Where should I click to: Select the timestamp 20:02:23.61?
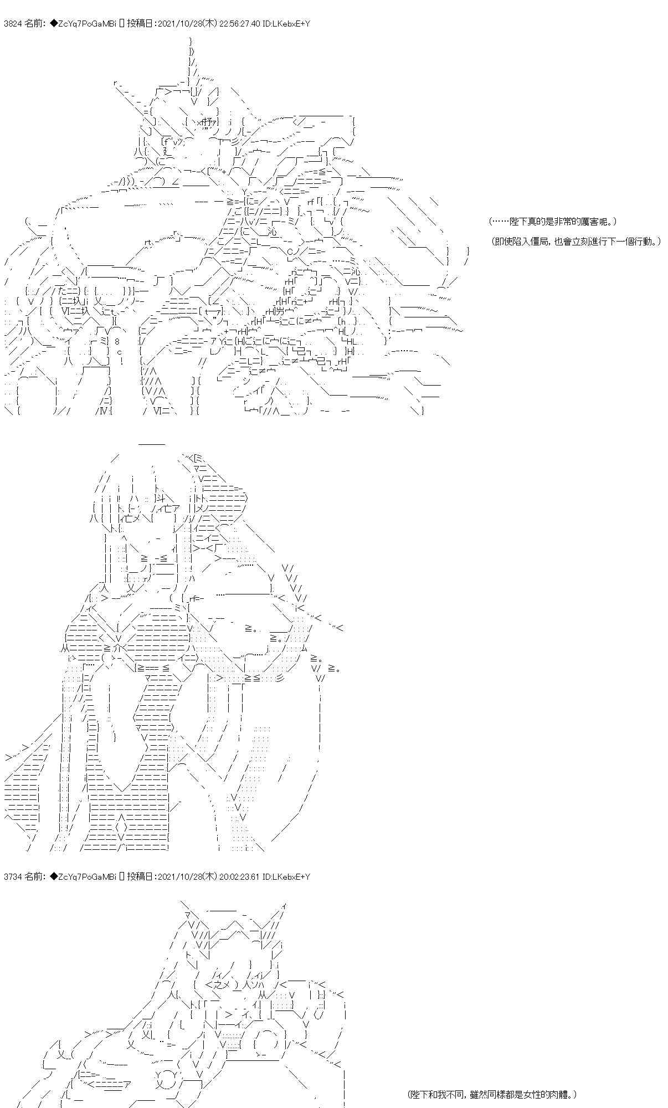click(242, 876)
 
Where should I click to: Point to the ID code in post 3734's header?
click(289, 876)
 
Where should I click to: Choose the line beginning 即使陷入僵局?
click(575, 242)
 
